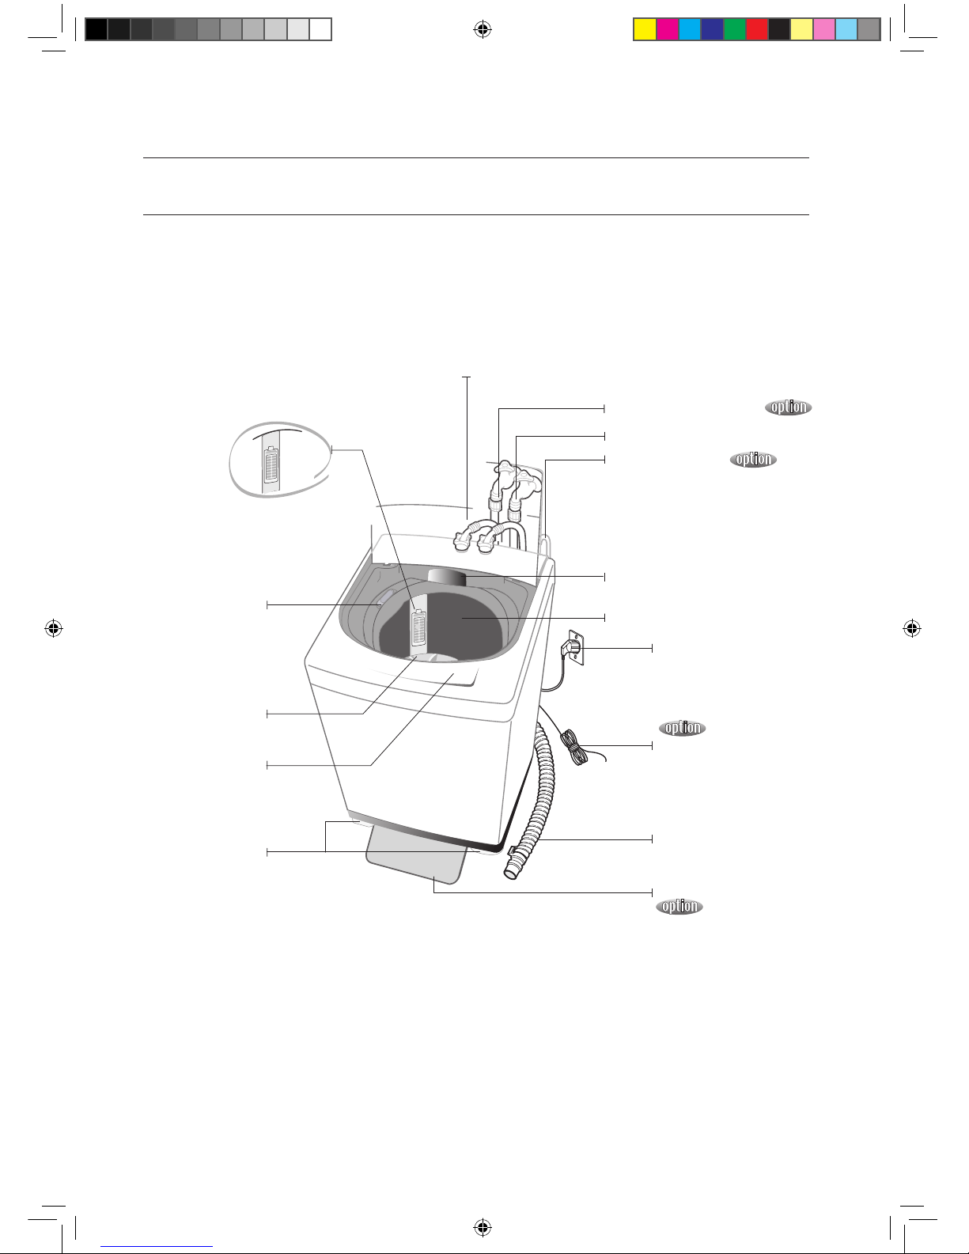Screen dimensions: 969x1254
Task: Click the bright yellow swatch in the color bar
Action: [x=645, y=29]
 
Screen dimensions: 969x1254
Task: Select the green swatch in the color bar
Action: [x=734, y=29]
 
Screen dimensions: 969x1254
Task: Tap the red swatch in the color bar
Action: [x=757, y=29]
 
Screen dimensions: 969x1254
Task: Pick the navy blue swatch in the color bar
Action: [x=713, y=29]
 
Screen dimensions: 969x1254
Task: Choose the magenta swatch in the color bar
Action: [x=668, y=29]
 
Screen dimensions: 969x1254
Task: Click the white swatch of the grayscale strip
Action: [x=320, y=29]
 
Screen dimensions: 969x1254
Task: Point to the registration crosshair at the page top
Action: [x=483, y=29]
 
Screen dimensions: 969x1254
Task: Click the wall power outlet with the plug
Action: [x=576, y=647]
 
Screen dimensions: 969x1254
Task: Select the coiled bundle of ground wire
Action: [x=573, y=748]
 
